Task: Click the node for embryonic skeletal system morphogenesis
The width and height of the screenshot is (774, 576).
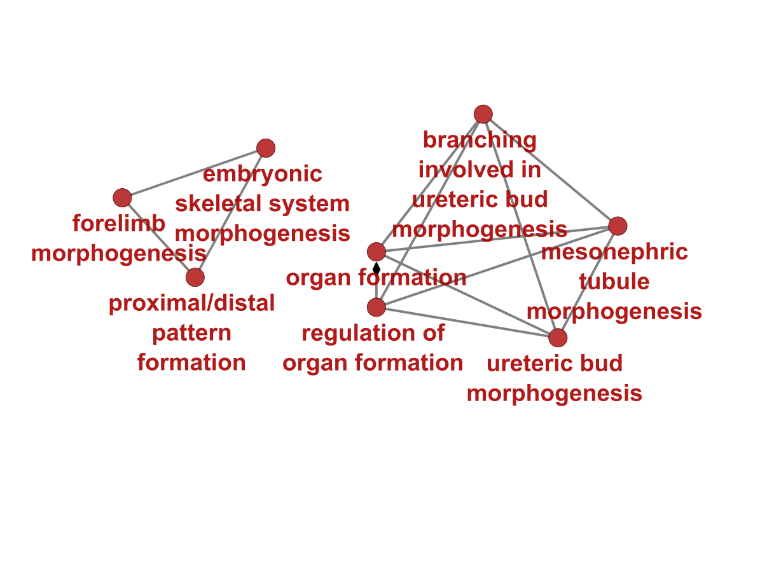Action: click(x=266, y=148)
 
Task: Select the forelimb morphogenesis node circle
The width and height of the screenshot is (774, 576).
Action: click(x=122, y=198)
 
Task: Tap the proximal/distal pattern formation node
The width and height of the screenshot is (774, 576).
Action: click(x=195, y=277)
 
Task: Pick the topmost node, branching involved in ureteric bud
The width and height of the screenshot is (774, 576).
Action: click(x=483, y=114)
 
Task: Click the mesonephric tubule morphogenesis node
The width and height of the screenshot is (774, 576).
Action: click(x=618, y=226)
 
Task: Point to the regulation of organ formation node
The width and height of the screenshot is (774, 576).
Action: click(x=377, y=308)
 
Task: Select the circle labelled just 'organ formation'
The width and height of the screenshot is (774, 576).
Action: click(x=377, y=252)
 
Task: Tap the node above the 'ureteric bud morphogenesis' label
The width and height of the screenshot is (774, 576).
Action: click(x=558, y=338)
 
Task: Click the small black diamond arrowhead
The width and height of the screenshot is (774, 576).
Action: click(x=377, y=268)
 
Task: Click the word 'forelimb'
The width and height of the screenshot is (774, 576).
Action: click(x=119, y=224)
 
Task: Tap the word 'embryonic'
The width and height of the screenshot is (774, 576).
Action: click(x=263, y=174)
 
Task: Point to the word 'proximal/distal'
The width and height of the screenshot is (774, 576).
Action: click(x=191, y=303)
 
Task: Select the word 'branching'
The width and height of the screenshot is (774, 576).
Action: click(x=480, y=140)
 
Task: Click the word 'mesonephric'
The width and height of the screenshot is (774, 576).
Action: click(x=614, y=252)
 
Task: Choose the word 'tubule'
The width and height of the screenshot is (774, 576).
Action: click(x=614, y=282)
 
